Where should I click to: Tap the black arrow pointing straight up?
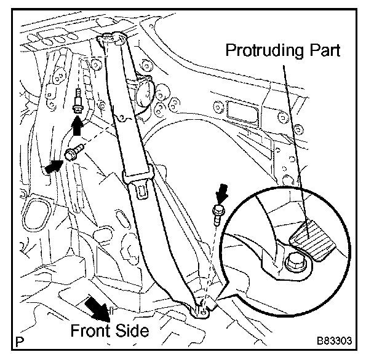click(78, 127)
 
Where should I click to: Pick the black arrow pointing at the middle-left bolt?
click(54, 165)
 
